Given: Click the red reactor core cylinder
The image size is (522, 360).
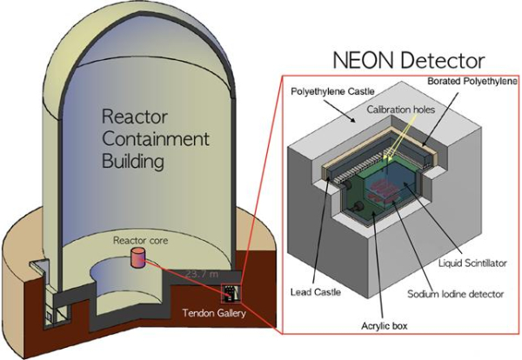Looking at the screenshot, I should (x=136, y=257).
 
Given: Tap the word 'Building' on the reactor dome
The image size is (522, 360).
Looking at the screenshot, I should (x=140, y=162).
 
